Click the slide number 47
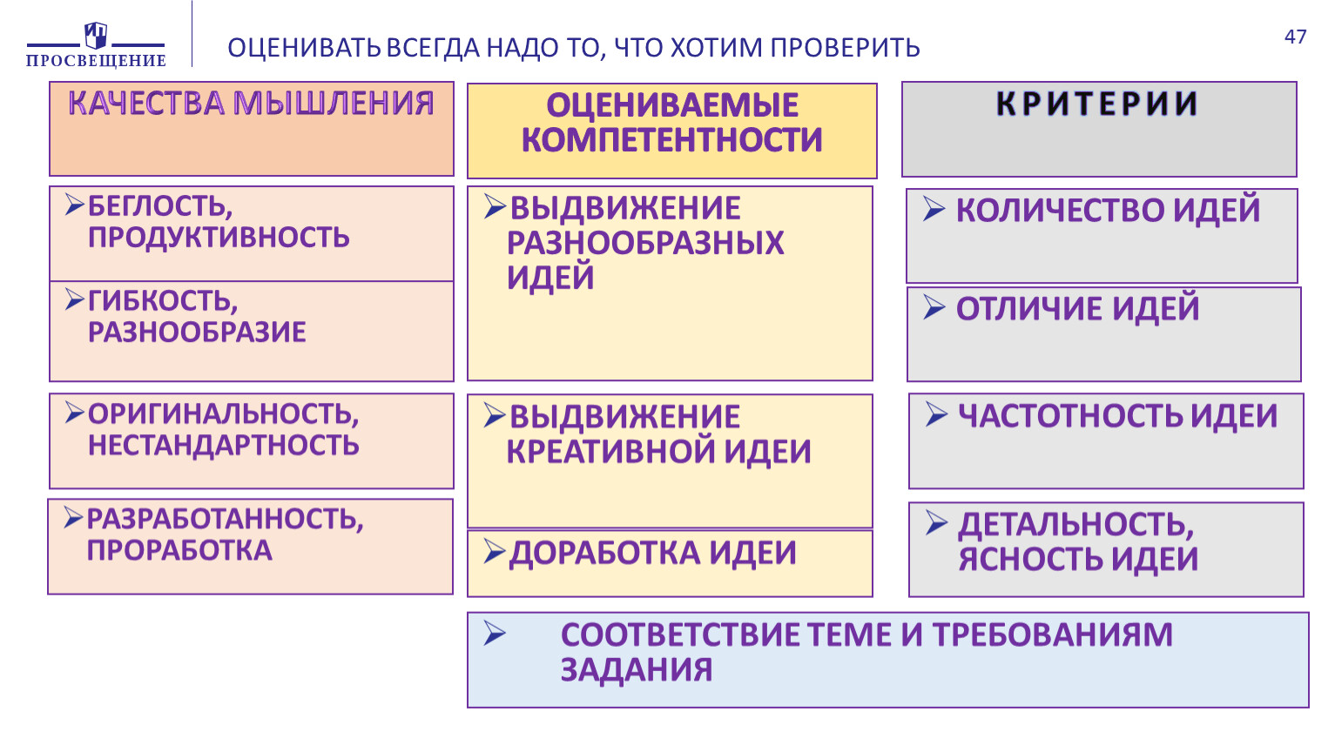pyautogui.click(x=1295, y=37)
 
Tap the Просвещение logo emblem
pyautogui.click(x=96, y=35)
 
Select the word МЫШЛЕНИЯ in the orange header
pyautogui.click(x=334, y=103)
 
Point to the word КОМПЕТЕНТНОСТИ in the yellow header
pyautogui.click(x=671, y=139)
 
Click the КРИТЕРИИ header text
pyautogui.click(x=1096, y=104)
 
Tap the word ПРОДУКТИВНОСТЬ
pyautogui.click(x=219, y=237)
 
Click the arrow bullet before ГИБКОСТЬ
pyautogui.click(x=75, y=299)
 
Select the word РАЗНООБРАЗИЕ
pyautogui.click(x=198, y=332)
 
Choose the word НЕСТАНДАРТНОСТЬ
pyautogui.click(x=224, y=445)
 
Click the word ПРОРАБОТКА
pyautogui.click(x=179, y=550)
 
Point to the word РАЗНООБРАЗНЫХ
pyautogui.click(x=645, y=243)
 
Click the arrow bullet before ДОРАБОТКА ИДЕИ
pyautogui.click(x=495, y=551)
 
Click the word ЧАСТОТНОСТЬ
pyautogui.click(x=1070, y=416)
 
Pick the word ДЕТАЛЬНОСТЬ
pyautogui.click(x=1076, y=525)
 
